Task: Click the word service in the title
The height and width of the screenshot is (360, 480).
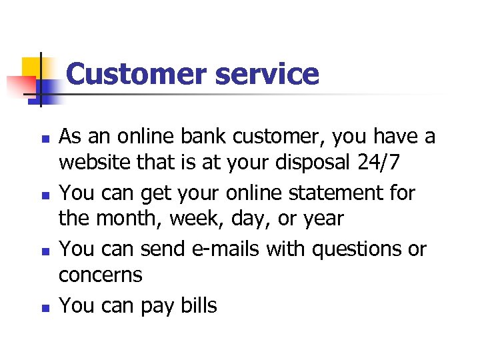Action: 267,74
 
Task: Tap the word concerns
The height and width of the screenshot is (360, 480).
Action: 101,275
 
